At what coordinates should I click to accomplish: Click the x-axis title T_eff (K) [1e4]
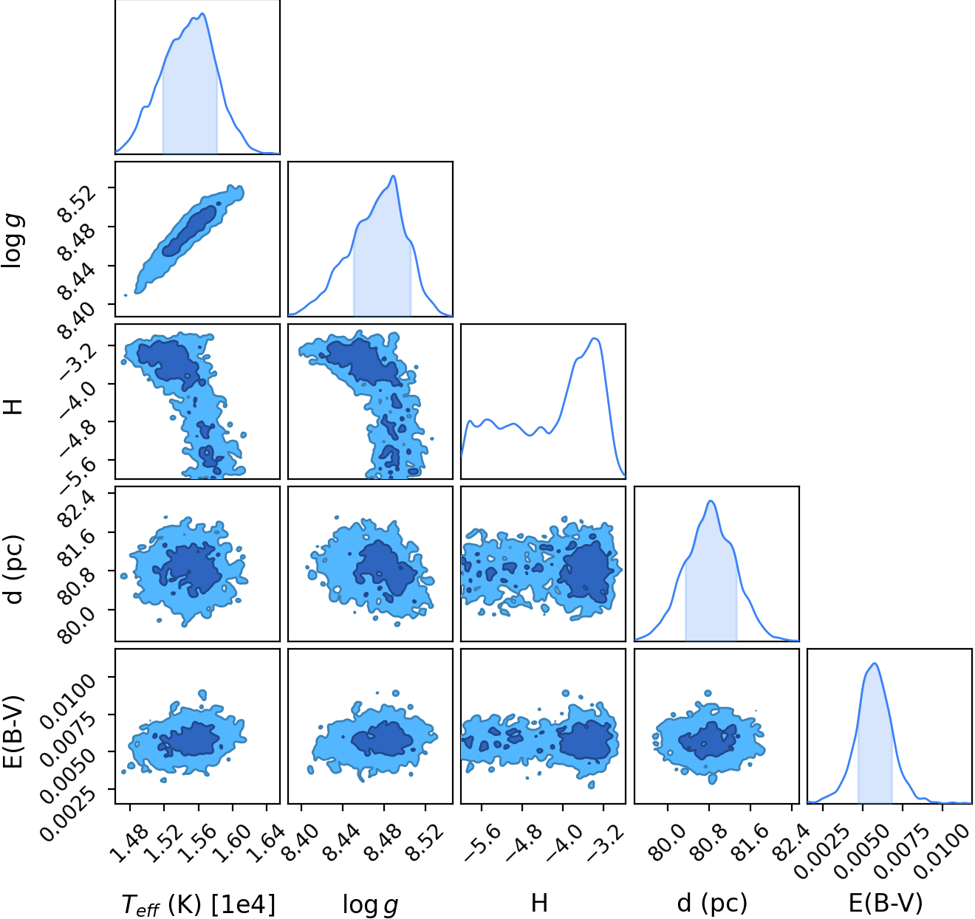click(199, 904)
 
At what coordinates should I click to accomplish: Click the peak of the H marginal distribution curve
click(595, 338)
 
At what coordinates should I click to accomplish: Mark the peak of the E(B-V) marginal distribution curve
click(875, 664)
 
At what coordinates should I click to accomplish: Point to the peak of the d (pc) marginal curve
click(711, 501)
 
